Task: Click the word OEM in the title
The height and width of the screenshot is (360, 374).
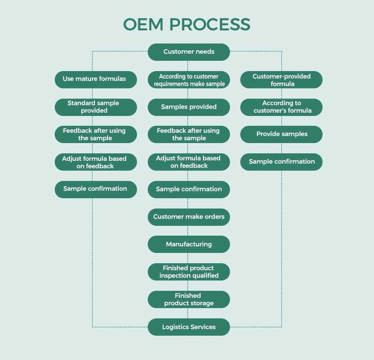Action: (142, 24)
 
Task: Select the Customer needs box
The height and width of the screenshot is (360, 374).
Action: (189, 52)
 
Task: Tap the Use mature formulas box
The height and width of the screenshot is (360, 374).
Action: (96, 79)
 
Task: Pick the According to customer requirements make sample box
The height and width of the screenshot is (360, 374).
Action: (189, 79)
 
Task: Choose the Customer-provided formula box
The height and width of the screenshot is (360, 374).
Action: (281, 79)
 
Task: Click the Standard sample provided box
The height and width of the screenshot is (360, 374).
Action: (96, 107)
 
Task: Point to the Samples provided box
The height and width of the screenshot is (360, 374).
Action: (189, 107)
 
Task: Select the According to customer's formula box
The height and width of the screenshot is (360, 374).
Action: (281, 107)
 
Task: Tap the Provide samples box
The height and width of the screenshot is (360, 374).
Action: (281, 134)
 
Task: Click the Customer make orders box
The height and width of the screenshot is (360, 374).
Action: (189, 217)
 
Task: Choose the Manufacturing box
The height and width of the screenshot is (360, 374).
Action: (189, 245)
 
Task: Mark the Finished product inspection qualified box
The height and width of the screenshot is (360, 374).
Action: (189, 272)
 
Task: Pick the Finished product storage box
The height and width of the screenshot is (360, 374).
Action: (189, 299)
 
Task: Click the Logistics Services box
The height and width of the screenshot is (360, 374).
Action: (189, 327)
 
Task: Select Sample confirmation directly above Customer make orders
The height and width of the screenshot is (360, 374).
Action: (189, 189)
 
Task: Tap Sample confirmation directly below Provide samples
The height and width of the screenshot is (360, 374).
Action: (281, 162)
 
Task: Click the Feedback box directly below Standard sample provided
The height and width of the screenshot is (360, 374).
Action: (96, 135)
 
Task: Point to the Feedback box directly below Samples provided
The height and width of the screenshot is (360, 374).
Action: (189, 135)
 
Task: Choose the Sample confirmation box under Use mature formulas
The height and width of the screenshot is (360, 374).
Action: (96, 189)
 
